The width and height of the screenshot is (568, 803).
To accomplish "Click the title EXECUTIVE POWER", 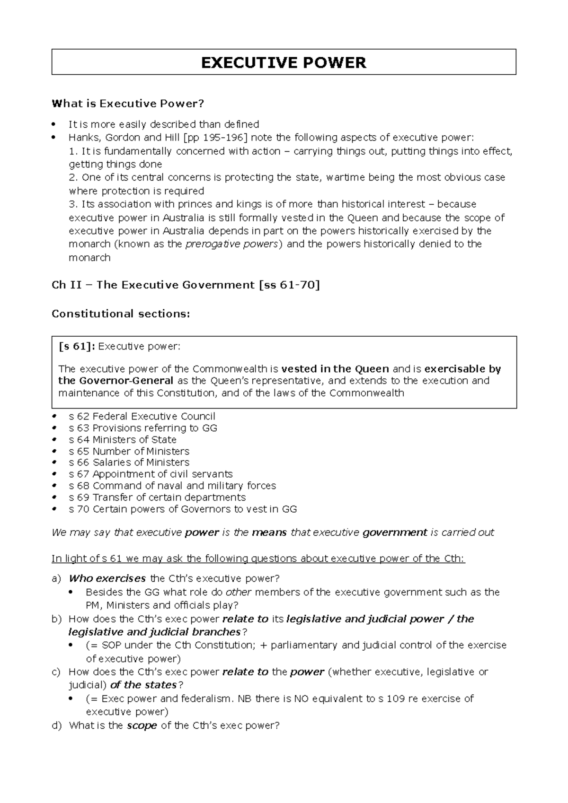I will pos(284,62).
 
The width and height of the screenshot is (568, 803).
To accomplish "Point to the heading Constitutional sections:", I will pos(121,314).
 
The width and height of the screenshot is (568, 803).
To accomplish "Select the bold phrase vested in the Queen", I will pos(335,369).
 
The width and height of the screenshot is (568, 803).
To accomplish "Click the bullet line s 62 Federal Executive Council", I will pos(142,416).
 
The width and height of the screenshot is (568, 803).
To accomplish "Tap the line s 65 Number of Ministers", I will pos(129,451).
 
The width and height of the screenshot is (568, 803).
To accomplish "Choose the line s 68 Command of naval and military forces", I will pos(172,486).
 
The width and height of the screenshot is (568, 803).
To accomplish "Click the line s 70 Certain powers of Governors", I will pos(183,509).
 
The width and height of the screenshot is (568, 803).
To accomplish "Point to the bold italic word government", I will pos(395,532).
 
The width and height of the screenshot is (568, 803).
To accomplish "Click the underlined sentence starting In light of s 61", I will pos(258,559).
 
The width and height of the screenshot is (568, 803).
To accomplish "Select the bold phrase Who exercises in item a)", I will pos(107,578).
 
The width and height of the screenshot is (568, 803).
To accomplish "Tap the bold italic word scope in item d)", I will pos(142,725).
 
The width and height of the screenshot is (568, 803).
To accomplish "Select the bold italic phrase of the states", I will pos(143,685).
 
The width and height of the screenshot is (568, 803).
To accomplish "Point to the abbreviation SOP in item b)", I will pos(111,646).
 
